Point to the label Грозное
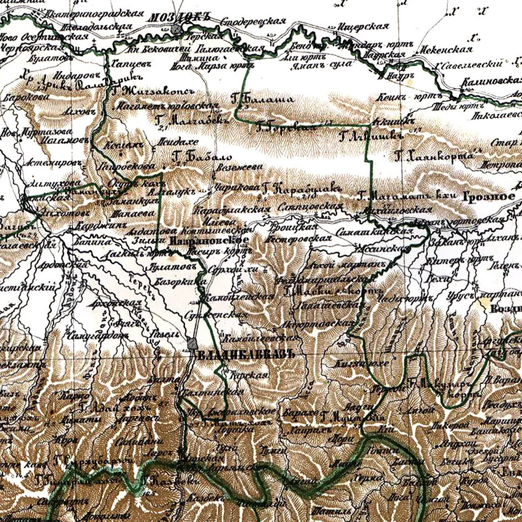pyautogui.click(x=488, y=197)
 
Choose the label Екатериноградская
pyautogui.click(x=94, y=13)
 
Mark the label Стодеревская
pyautogui.click(x=253, y=22)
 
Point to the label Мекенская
pyautogui.click(x=448, y=49)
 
